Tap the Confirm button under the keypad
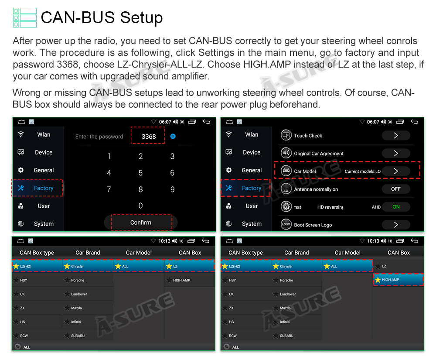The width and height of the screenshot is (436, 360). pyautogui.click(x=141, y=222)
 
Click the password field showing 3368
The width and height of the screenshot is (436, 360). pyautogui.click(x=149, y=136)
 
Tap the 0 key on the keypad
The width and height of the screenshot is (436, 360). pyautogui.click(x=141, y=206)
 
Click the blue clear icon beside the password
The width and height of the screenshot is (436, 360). pyautogui.click(x=173, y=136)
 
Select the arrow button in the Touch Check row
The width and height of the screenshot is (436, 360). pyautogui.click(x=396, y=135)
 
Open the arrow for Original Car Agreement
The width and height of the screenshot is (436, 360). pyautogui.click(x=396, y=153)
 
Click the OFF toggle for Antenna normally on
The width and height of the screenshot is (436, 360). pyautogui.click(x=396, y=189)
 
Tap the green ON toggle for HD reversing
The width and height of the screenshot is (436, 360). pyautogui.click(x=396, y=207)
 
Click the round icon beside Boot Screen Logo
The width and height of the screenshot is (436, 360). pyautogui.click(x=286, y=224)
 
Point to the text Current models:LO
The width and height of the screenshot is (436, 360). pyautogui.click(x=363, y=171)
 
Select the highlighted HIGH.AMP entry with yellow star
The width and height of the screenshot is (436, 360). pyautogui.click(x=398, y=280)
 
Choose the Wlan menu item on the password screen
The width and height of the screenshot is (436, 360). pyautogui.click(x=44, y=135)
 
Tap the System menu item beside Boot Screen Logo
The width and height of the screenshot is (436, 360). pyautogui.click(x=252, y=224)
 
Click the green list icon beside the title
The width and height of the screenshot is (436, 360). pyautogui.click(x=25, y=17)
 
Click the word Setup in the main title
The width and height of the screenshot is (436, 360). pyautogui.click(x=141, y=18)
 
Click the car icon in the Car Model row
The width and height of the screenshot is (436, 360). pyautogui.click(x=286, y=171)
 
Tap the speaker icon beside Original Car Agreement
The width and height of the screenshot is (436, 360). pyautogui.click(x=286, y=153)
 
